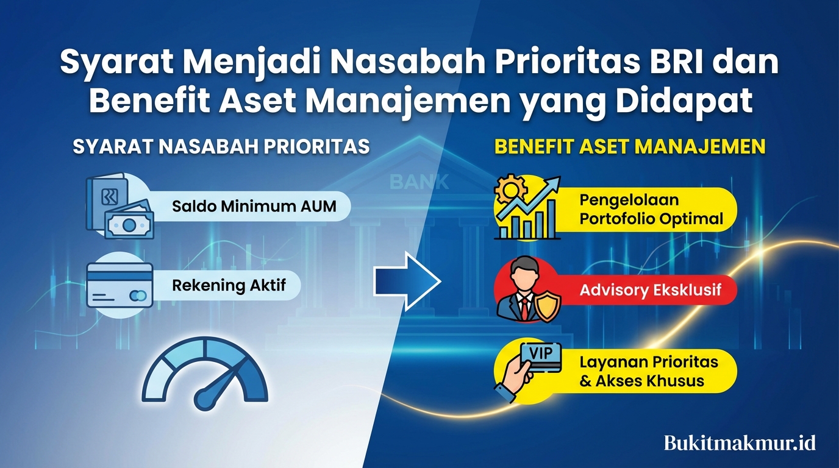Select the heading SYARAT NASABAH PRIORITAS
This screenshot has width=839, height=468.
click(221, 147)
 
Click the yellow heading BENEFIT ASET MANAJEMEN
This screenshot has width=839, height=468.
click(630, 147)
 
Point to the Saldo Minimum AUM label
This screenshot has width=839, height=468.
click(254, 206)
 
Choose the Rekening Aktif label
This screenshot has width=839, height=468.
click(229, 285)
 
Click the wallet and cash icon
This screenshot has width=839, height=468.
click(120, 207)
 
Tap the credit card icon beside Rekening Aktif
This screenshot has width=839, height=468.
click(119, 285)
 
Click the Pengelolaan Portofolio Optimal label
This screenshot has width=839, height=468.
click(651, 210)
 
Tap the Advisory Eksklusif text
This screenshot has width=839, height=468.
click(650, 289)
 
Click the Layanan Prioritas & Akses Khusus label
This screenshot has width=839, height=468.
click(649, 372)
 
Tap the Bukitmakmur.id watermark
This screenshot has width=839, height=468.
click(740, 442)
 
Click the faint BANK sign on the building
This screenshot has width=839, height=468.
click(419, 181)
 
